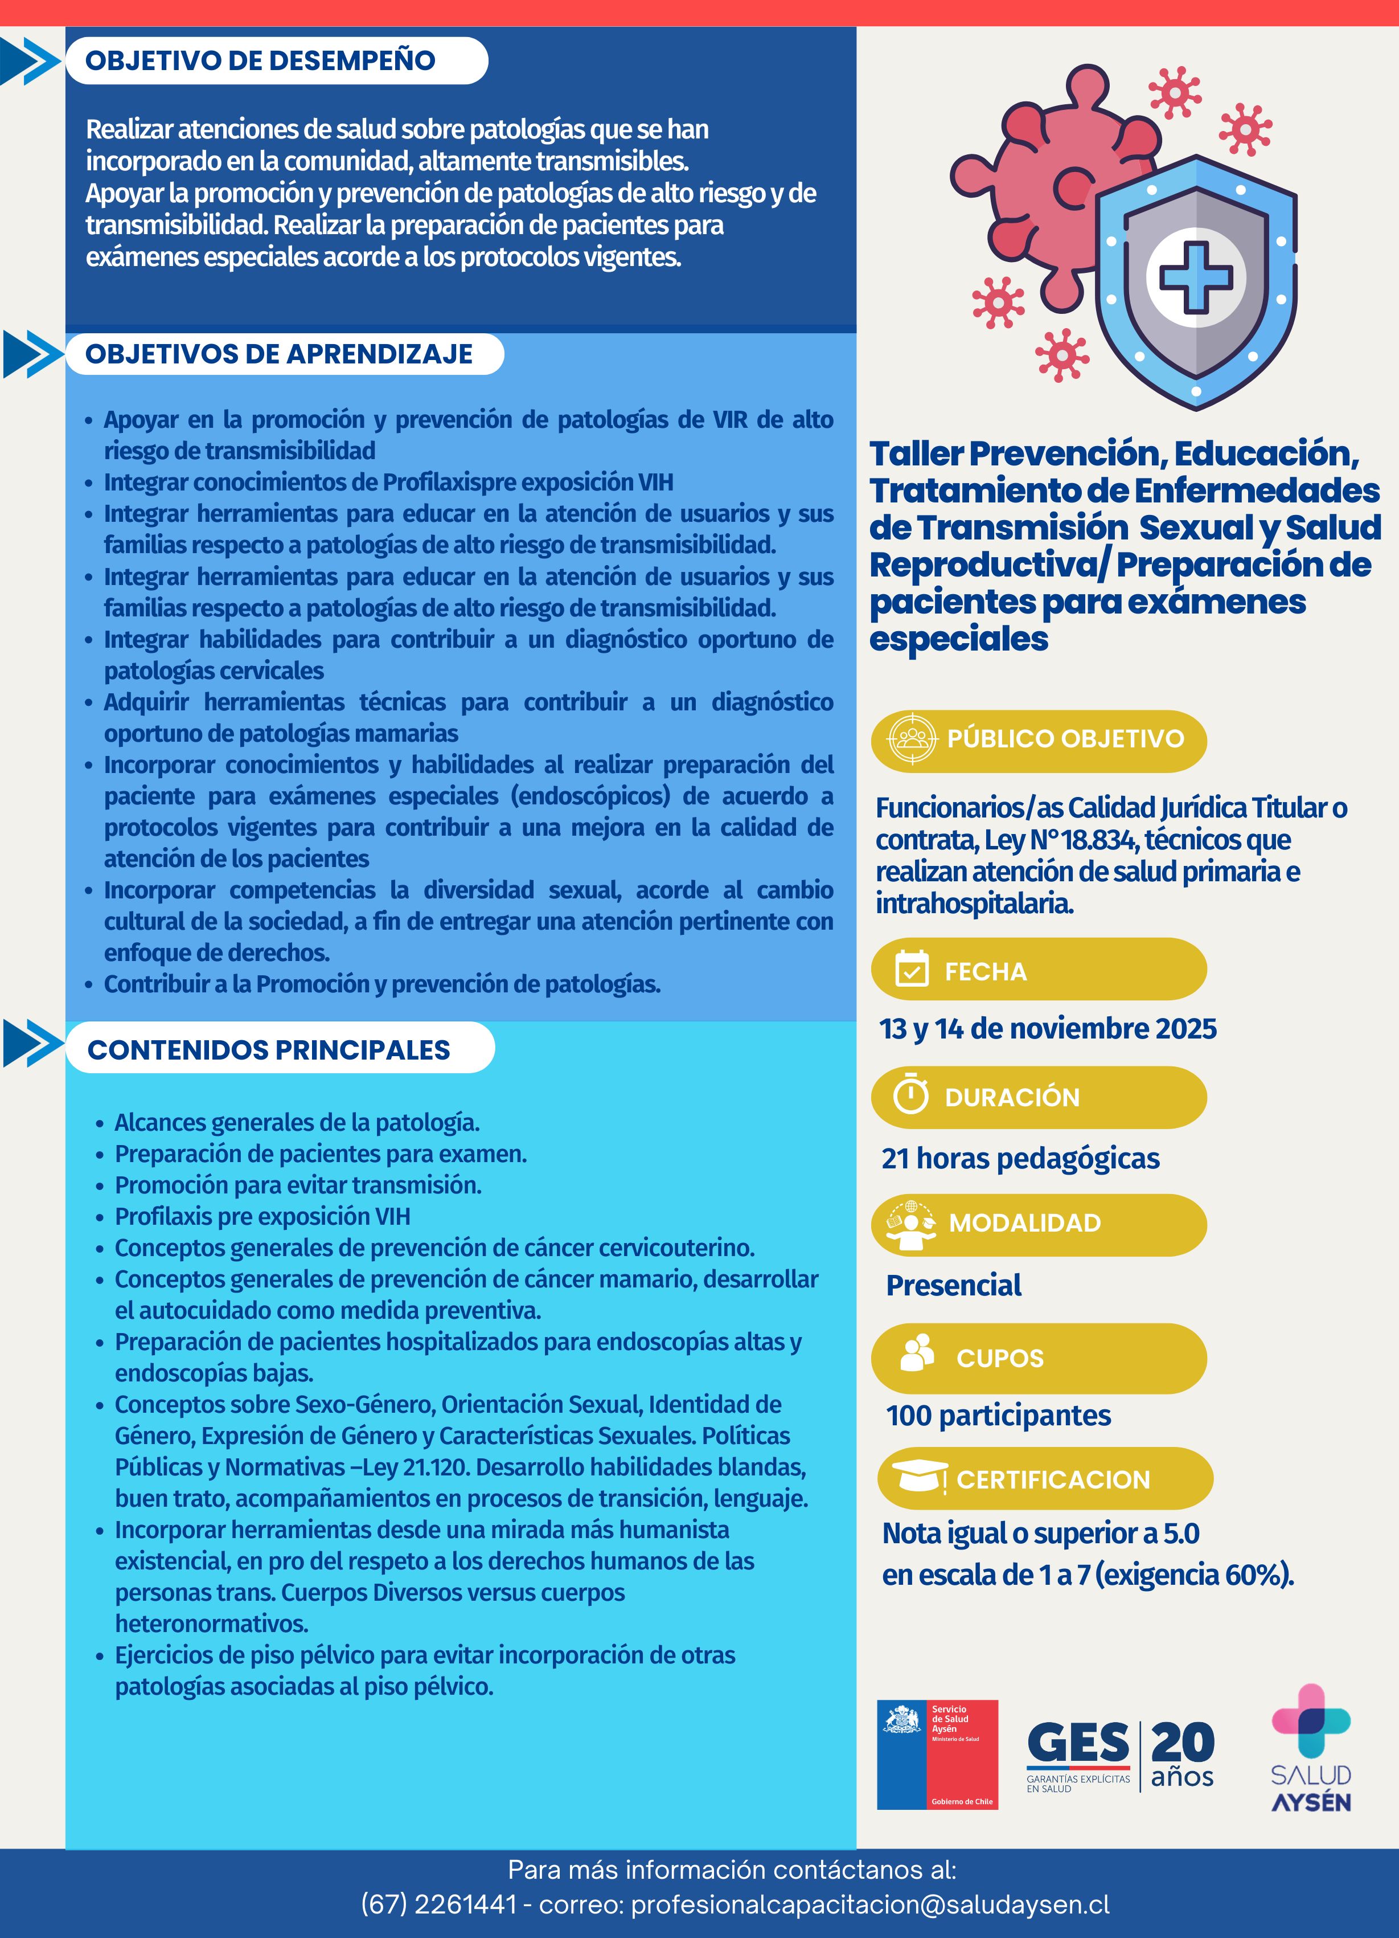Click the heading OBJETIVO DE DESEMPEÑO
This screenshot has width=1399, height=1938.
tap(261, 60)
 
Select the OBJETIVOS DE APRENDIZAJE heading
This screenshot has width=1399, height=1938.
tap(278, 354)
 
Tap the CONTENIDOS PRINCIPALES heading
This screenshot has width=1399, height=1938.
tap(268, 1049)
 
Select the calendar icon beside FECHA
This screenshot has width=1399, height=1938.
tap(911, 969)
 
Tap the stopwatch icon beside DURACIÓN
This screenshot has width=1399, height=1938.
tap(910, 1095)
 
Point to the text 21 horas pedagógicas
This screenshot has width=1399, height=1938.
tap(1020, 1159)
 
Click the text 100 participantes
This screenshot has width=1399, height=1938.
tap(999, 1415)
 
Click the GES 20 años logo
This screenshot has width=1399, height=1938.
tap(1119, 1756)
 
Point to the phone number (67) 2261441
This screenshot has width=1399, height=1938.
tap(439, 1905)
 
